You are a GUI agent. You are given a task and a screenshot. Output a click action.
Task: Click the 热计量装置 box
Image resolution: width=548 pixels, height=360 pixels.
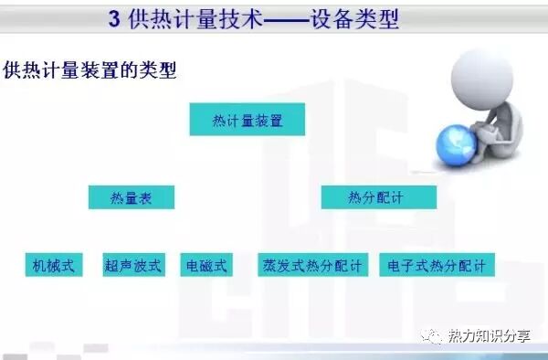[x=247, y=120]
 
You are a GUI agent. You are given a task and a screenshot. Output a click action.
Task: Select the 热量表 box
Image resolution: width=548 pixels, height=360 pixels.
[x=131, y=197]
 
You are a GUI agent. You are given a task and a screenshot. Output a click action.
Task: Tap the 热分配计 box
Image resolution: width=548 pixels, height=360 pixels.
[x=378, y=197]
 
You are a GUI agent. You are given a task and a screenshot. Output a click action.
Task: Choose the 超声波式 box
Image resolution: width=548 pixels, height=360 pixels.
[x=133, y=266]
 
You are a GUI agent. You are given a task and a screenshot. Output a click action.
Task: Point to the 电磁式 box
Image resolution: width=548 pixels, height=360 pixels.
[x=205, y=266]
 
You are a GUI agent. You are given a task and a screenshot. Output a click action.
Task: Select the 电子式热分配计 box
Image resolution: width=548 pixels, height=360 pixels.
[x=437, y=266]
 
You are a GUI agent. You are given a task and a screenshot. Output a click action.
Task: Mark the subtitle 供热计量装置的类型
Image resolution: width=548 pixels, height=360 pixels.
[x=90, y=69]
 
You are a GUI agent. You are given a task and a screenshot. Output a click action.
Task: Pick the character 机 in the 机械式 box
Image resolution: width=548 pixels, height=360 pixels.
[x=38, y=266]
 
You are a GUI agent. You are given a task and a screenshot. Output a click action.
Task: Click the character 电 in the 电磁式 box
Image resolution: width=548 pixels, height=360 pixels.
[x=192, y=266]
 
